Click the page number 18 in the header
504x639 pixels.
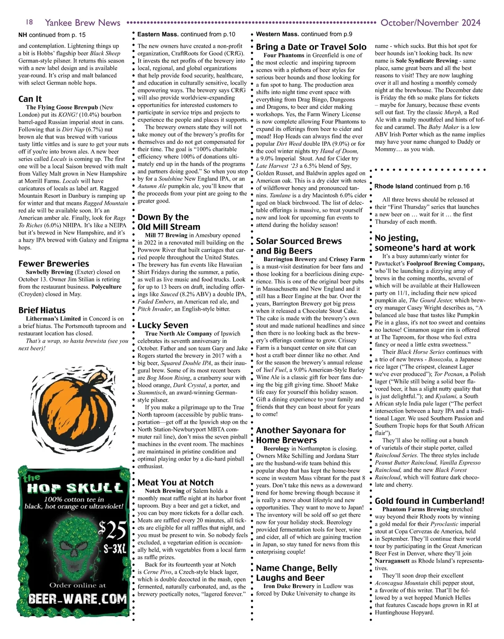[29, 22]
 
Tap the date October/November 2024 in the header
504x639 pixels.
[430, 23]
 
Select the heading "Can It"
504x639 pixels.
[30, 99]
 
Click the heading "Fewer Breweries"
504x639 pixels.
[53, 264]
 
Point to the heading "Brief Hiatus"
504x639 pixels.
[42, 310]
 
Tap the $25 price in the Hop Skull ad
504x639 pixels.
[112, 530]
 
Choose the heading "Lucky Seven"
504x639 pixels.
[163, 325]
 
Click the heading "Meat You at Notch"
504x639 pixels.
[175, 482]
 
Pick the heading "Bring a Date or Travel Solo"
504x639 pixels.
[311, 47]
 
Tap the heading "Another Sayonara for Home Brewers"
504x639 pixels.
[300, 435]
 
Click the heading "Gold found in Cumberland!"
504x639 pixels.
[429, 501]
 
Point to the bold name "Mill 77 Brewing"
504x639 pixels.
[166, 236]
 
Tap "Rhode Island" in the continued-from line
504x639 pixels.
[394, 186]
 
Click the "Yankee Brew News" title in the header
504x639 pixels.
[82, 23]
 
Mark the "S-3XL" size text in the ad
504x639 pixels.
[115, 550]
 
